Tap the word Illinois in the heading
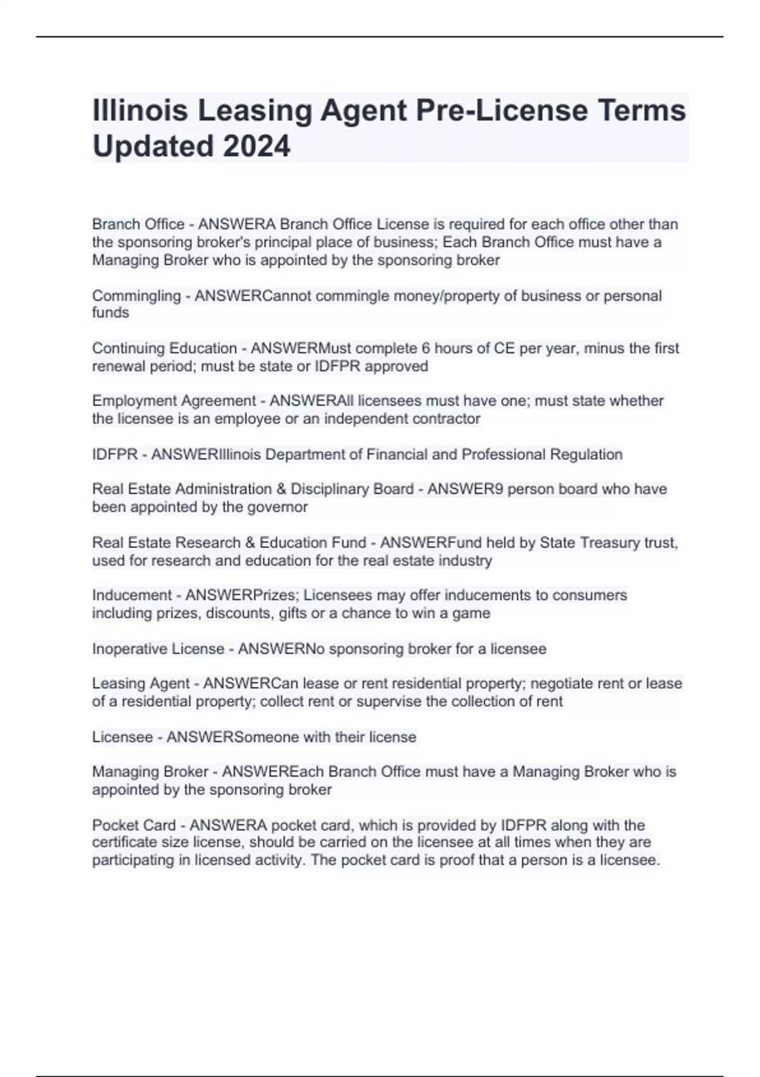click(140, 110)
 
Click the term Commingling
click(136, 296)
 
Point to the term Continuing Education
click(164, 348)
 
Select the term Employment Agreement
click(174, 401)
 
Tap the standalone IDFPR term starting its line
click(115, 454)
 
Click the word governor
click(279, 507)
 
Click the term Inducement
click(132, 596)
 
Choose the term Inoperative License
click(158, 649)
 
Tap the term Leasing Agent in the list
click(141, 684)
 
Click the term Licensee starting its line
click(122, 737)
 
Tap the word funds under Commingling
click(110, 312)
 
